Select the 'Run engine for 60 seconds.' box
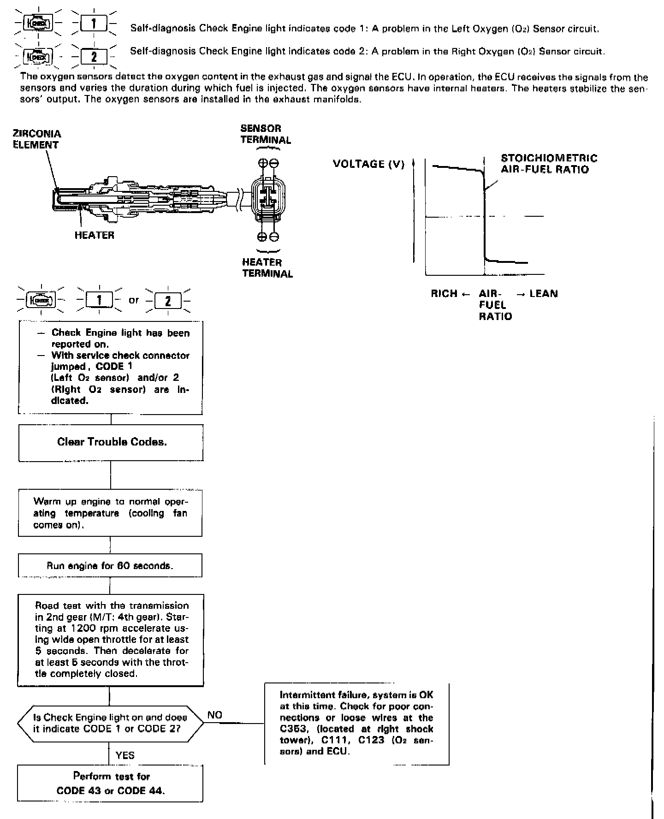tap(110, 565)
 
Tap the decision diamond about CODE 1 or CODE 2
tap(110, 723)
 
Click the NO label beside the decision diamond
tap(215, 715)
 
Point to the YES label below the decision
tap(125, 755)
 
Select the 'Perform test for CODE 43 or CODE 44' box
tap(111, 783)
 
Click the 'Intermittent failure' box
tap(356, 724)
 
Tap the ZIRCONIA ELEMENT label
tap(36, 139)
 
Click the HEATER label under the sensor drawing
tap(95, 235)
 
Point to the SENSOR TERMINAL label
tap(266, 134)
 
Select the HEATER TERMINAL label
tap(267, 268)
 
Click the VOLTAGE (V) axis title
tap(368, 164)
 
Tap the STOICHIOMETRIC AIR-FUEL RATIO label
tap(549, 164)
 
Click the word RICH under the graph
tap(444, 294)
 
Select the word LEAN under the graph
tap(544, 294)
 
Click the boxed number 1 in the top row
tap(94, 23)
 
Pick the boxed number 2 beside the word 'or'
tap(168, 301)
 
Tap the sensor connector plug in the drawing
tap(267, 199)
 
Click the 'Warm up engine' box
tap(110, 513)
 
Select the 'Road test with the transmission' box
tap(111, 640)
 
